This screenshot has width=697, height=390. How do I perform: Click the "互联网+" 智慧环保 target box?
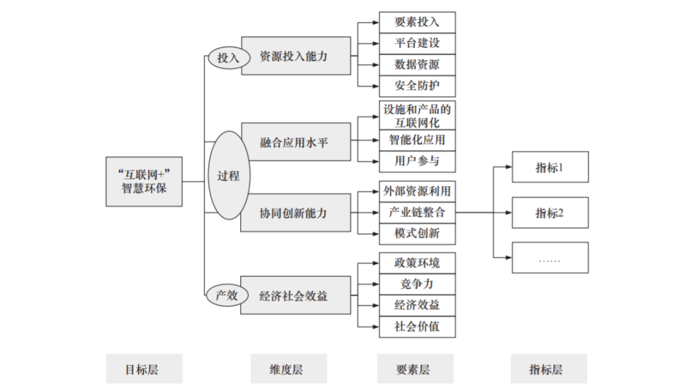pos(144,181)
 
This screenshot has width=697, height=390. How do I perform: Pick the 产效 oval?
pos(227,296)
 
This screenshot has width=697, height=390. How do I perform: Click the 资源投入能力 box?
pos(296,56)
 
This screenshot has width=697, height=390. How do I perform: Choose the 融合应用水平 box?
pos(296,141)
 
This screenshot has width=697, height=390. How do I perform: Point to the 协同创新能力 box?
pos(296,212)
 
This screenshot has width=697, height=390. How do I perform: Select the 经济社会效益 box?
pos(296,296)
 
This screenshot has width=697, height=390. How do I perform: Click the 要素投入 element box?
pos(417,22)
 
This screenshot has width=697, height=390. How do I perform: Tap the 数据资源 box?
pos(417,65)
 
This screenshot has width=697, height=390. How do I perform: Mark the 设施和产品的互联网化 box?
pos(417,115)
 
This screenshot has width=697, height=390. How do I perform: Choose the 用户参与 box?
pos(417,161)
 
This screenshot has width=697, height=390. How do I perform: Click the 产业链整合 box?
pos(417,212)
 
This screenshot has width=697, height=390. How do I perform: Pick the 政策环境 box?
pos(417,263)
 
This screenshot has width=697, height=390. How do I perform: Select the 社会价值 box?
pos(417,326)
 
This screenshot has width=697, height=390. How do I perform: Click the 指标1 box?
pos(550,167)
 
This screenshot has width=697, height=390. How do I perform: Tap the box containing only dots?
pos(550,258)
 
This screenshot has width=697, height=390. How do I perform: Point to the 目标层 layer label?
pos(144,369)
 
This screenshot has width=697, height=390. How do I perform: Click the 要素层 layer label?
pos(417,369)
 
